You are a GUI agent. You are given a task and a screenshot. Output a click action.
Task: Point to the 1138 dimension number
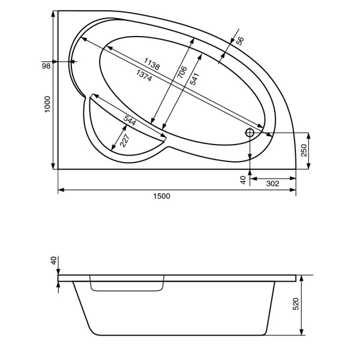[x=152, y=65]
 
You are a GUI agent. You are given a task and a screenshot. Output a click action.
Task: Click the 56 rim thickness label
[x=239, y=41]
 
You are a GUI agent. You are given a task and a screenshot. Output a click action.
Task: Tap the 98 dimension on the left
[x=46, y=65]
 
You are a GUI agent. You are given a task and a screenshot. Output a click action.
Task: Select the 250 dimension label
[x=304, y=151]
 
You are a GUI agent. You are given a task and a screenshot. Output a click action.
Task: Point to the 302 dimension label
[x=273, y=184]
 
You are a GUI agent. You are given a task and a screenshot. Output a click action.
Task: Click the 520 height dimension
[x=296, y=305]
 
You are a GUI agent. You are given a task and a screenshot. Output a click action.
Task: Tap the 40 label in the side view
[x=53, y=260]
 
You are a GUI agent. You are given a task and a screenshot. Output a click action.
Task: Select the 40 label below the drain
[x=243, y=179]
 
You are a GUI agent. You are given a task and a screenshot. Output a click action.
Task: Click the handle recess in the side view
[x=127, y=285]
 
